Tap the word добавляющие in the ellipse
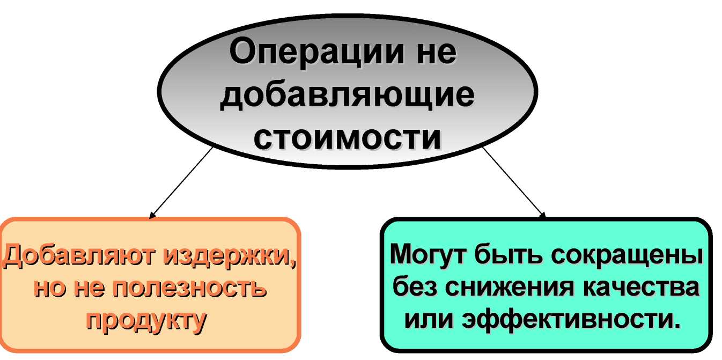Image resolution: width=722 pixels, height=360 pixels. tap(347, 95)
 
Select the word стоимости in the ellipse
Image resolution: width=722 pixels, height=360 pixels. tap(348, 138)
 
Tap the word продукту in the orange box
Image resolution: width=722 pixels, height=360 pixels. tap(146, 320)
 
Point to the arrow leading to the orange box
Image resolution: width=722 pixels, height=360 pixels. tap(181, 183)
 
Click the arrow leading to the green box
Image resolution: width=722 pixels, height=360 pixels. tap(514, 183)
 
